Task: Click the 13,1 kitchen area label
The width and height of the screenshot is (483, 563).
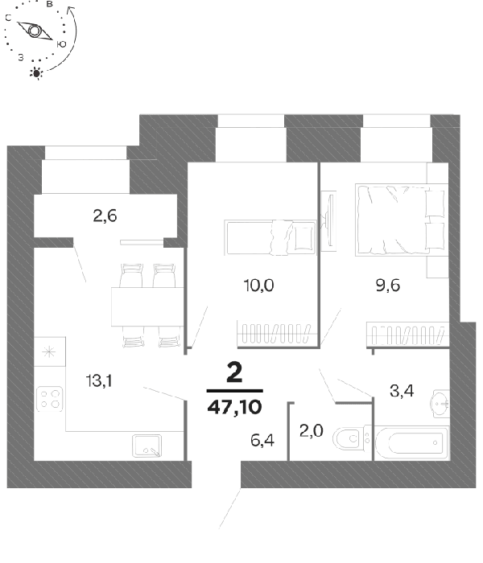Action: (99, 380)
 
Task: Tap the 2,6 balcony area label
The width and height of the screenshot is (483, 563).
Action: (105, 216)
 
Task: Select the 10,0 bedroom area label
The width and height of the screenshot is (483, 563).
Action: (258, 286)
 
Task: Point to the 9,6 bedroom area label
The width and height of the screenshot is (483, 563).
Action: (388, 286)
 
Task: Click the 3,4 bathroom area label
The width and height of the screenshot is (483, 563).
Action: (402, 391)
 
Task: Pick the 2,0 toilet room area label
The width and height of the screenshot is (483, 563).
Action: (312, 430)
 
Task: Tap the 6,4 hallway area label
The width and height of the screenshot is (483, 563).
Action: (262, 440)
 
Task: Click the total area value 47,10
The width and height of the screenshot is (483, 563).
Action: (235, 407)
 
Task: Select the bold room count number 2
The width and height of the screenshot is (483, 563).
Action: (235, 372)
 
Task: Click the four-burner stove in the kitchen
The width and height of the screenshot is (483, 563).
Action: (50, 399)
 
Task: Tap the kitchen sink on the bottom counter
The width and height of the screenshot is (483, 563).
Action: (147, 446)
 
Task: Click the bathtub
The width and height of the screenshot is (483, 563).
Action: (412, 442)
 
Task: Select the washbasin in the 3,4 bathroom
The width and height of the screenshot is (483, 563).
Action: (441, 403)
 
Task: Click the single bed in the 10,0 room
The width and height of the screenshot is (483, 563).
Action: (270, 237)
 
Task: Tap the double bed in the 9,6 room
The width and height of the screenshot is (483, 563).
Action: (402, 220)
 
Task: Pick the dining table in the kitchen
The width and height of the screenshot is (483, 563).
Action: (147, 306)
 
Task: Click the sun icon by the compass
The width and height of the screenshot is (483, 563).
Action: (36, 73)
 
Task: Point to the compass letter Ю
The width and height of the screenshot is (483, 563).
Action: (61, 44)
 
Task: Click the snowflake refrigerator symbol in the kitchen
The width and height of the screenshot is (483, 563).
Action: (49, 351)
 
